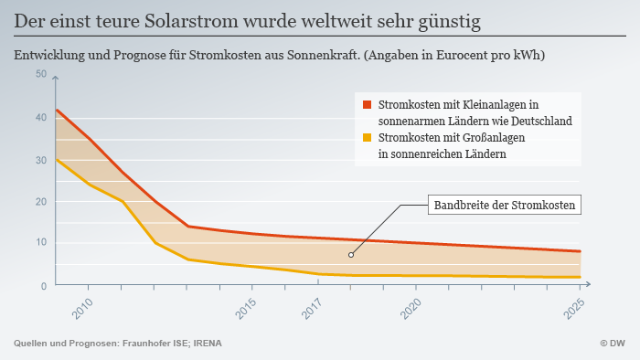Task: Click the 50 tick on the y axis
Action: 41,74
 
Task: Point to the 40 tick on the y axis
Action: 41,117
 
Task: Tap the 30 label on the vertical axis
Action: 41,160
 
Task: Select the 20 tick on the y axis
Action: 41,201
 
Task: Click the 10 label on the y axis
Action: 41,243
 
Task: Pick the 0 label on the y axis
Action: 43,286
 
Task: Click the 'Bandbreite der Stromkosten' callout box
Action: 505,206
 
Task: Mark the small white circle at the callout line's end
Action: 351,255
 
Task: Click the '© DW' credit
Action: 613,344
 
